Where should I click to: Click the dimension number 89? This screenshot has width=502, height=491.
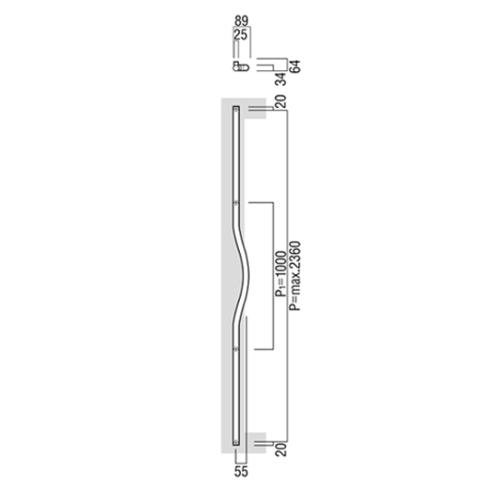coord(242,21)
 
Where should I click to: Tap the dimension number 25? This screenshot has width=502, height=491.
coord(241,35)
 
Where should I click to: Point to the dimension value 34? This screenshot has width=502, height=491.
coord(281,79)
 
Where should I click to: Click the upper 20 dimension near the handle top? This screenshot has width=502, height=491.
coord(281,102)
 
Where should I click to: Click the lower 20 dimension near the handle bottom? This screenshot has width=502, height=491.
coord(281,449)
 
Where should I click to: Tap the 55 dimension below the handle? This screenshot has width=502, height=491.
coord(241,472)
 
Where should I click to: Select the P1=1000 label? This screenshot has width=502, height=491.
coord(281,274)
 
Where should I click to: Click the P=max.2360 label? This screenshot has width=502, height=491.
coord(294,276)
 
